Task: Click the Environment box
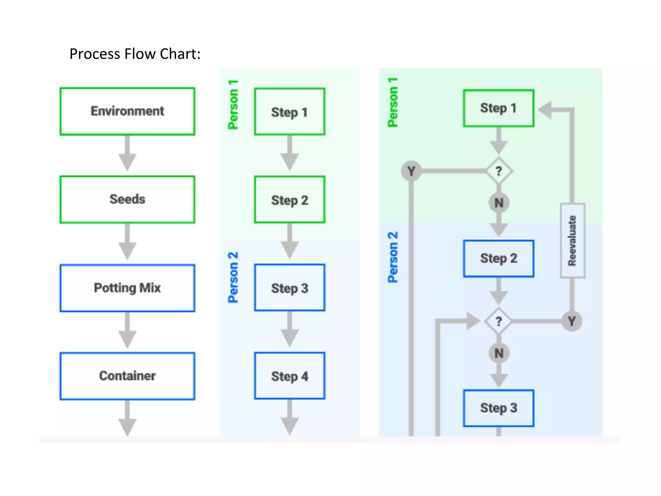[127, 111]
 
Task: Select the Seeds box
[127, 199]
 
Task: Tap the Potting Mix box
[127, 288]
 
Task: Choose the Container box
[127, 376]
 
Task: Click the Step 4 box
[290, 376]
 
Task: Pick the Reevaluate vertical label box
[573, 241]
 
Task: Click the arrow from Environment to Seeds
[127, 153]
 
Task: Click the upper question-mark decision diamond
[499, 171]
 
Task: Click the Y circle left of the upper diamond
[411, 171]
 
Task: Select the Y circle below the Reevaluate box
[572, 321]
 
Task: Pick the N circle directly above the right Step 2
[499, 203]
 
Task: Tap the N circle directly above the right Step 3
[499, 353]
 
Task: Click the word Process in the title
[95, 54]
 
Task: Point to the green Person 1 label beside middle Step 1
[233, 105]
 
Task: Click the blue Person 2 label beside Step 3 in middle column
[233, 277]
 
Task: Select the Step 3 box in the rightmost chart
[499, 408]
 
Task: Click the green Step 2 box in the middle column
[290, 200]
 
